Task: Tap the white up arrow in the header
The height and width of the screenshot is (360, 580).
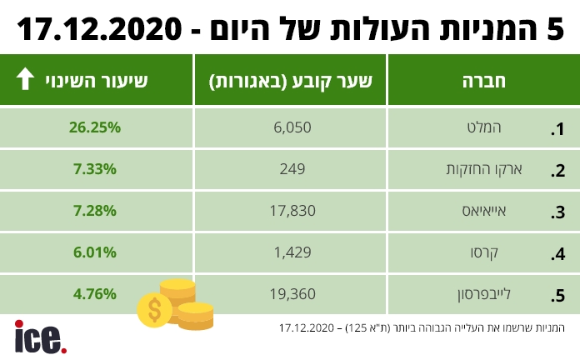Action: click(25, 80)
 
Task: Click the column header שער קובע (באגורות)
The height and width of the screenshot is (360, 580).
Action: click(290, 81)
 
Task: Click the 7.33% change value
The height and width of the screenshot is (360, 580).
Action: click(96, 169)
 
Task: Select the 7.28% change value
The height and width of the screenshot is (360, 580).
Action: click(96, 211)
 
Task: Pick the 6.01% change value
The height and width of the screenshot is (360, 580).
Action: click(96, 252)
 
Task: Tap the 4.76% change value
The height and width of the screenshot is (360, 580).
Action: click(96, 293)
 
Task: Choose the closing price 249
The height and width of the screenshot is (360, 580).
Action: click(290, 169)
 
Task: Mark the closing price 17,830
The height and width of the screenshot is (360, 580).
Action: click(290, 211)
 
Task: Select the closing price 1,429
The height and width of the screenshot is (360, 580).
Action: click(290, 252)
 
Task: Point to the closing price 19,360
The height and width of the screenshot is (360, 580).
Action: click(290, 293)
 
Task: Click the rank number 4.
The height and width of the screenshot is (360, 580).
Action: click(560, 254)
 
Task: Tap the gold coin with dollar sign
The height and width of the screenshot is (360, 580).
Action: click(154, 310)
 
